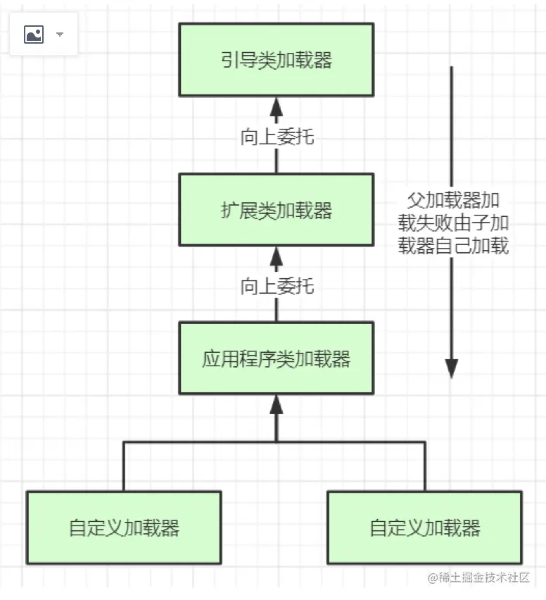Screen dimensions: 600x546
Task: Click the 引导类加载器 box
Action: [x=276, y=60]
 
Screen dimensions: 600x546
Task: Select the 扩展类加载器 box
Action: [x=276, y=210]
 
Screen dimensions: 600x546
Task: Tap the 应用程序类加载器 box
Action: [x=276, y=358]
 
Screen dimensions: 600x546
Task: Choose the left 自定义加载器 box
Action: [x=124, y=527]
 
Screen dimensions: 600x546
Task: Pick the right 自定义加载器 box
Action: [x=425, y=527]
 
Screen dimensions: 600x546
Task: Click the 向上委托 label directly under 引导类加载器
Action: [x=277, y=137]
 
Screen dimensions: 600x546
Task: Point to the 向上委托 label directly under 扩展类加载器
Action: [x=277, y=286]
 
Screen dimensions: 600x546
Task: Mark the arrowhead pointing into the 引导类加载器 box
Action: [x=276, y=107]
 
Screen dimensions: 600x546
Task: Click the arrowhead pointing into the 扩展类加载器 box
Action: [x=276, y=256]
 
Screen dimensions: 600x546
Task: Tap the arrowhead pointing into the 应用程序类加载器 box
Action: [x=276, y=405]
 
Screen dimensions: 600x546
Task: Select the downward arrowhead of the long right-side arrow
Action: [x=452, y=368]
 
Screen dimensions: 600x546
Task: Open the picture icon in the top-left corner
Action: [x=34, y=34]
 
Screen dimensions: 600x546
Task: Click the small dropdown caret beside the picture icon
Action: [x=60, y=34]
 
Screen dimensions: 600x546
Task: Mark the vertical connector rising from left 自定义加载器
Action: [x=124, y=466]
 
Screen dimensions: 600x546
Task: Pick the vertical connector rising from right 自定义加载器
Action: [x=425, y=466]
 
